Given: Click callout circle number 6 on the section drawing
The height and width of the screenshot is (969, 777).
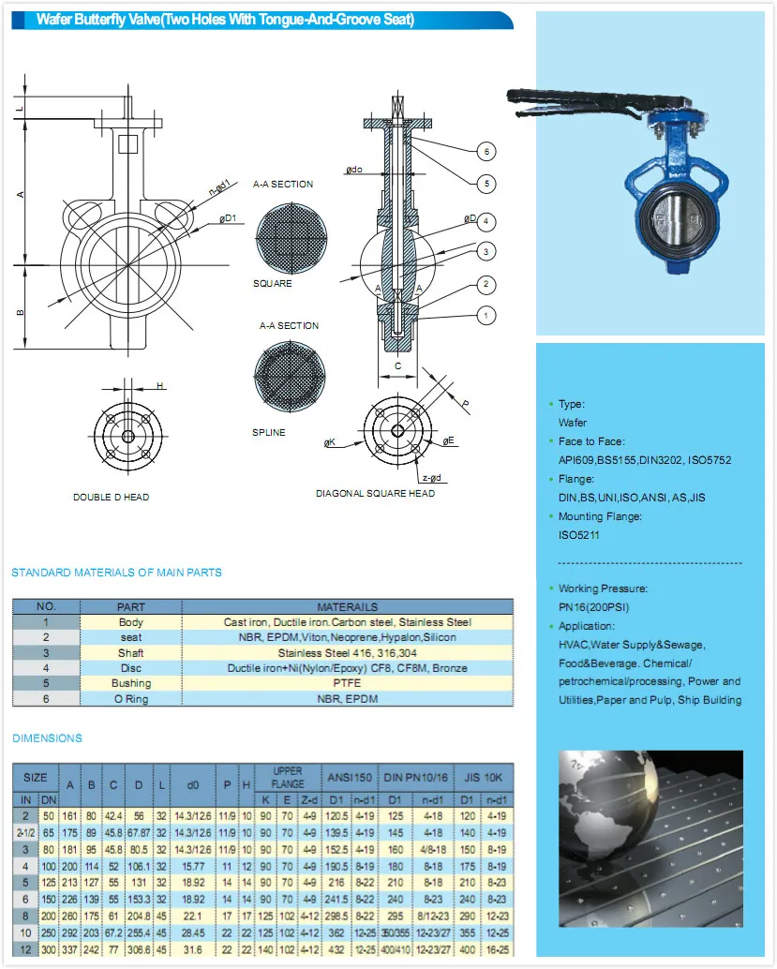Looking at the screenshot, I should click(x=486, y=152).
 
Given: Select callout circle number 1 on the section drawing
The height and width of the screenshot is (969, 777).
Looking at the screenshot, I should click(x=486, y=316).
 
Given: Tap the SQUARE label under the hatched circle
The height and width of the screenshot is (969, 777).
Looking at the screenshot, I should click(x=272, y=283).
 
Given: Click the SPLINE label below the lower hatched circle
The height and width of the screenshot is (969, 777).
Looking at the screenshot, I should click(x=269, y=432).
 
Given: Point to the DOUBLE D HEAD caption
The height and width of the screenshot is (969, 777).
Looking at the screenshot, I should click(x=112, y=497).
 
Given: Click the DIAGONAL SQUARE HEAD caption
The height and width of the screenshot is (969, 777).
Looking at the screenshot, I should click(x=375, y=493).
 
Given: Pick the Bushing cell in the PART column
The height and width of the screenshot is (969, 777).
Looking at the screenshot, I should click(x=131, y=683).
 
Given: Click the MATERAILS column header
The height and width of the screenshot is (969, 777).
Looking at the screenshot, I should click(x=347, y=607).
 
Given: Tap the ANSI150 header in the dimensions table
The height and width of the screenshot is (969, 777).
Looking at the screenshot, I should click(x=350, y=777).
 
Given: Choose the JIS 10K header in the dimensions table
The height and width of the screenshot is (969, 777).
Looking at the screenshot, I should click(x=485, y=777).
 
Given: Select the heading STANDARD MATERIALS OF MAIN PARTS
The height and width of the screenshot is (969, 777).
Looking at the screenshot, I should click(x=116, y=573).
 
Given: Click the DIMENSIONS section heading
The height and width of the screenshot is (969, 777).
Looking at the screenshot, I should click(x=47, y=738).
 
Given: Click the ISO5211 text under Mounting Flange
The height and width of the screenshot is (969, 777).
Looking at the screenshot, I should click(x=578, y=535).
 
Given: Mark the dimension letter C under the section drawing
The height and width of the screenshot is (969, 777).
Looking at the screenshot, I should click(x=397, y=366).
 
